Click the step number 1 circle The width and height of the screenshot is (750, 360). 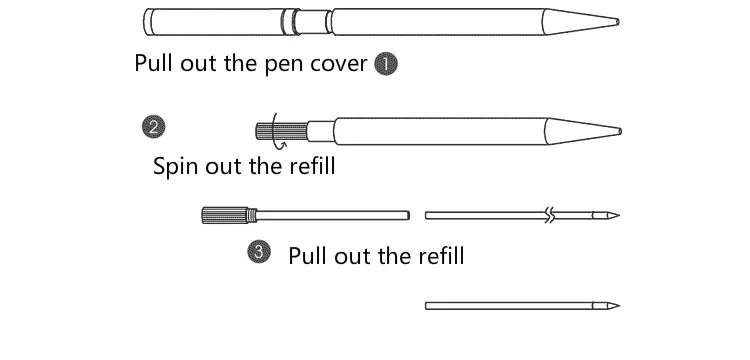coord(386,64)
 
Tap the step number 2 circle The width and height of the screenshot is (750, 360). coord(154,127)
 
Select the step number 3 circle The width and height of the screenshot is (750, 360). coord(259,252)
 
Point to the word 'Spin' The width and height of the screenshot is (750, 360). coord(175,167)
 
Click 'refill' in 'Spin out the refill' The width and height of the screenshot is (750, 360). coord(312,165)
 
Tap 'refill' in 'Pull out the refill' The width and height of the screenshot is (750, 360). coord(441,255)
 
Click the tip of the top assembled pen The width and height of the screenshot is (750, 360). coord(618,22)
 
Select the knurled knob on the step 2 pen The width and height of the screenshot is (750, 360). coord(282,131)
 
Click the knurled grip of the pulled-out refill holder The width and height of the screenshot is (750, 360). coord(225,215)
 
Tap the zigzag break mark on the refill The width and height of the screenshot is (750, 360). coord(551,215)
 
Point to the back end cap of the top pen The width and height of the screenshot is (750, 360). coord(148,22)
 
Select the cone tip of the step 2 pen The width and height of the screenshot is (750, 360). coord(583,131)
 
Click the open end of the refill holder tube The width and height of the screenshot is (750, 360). coord(407,215)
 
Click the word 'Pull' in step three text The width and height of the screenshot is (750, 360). coord(308,255)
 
